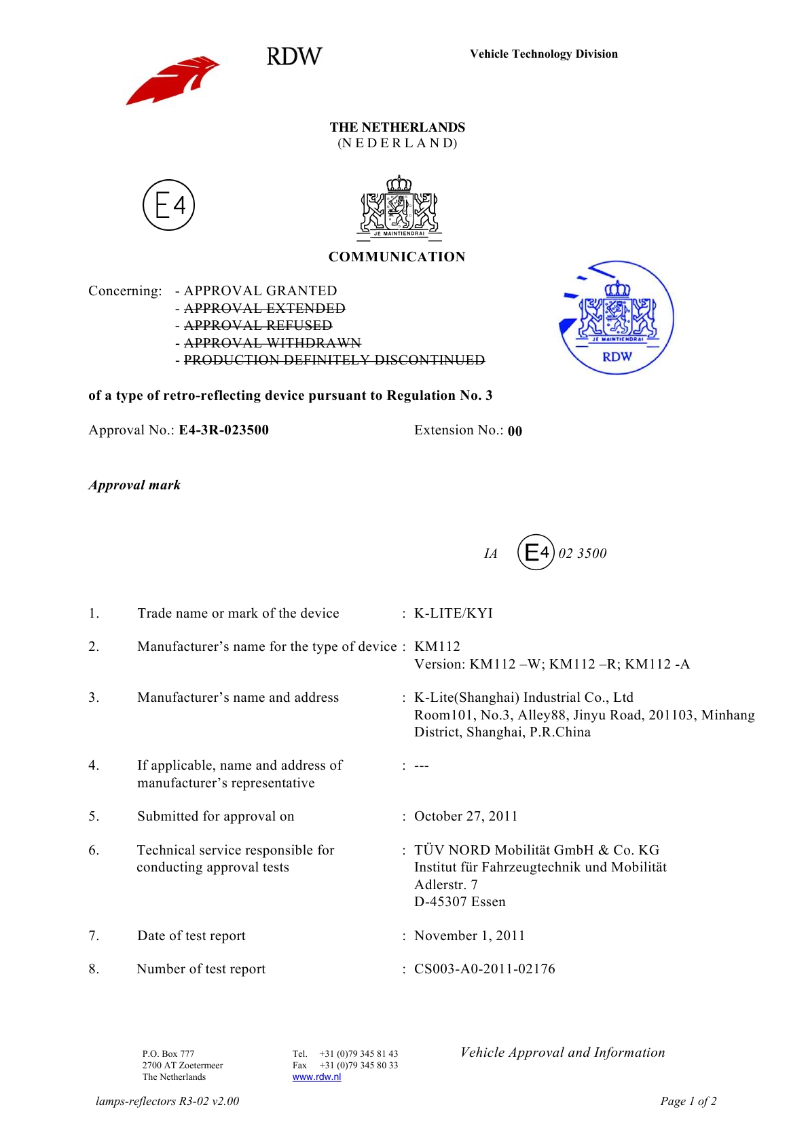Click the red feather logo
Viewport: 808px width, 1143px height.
pos(172,81)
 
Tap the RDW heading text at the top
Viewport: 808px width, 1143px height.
pos(294,56)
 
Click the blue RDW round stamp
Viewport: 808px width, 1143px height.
pos(617,318)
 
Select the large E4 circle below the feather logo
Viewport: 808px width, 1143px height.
pos(168,205)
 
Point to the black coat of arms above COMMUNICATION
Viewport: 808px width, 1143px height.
pos(399,208)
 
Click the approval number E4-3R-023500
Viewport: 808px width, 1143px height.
pos(223,430)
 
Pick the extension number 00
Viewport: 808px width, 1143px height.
pos(515,431)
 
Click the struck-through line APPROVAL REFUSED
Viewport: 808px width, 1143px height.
pos(258,326)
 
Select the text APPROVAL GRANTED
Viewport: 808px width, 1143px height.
pos(260,291)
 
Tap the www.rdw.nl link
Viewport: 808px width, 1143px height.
pos(316,1077)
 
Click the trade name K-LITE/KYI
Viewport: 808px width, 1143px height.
pos(454,614)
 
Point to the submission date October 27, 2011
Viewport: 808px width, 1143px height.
pos(466,817)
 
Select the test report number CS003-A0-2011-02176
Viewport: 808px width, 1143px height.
pos(485,969)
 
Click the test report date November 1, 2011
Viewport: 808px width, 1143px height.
pos(469,936)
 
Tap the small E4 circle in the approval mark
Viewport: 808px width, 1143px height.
pos(536,552)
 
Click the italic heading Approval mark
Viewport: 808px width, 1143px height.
pos(134,485)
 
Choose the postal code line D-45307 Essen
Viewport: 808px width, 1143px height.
pos(460,902)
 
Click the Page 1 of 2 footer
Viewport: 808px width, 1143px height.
pos(688,1102)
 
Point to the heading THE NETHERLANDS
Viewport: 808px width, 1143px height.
pos(397,128)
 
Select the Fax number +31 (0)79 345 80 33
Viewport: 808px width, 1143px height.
pos(359,1066)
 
